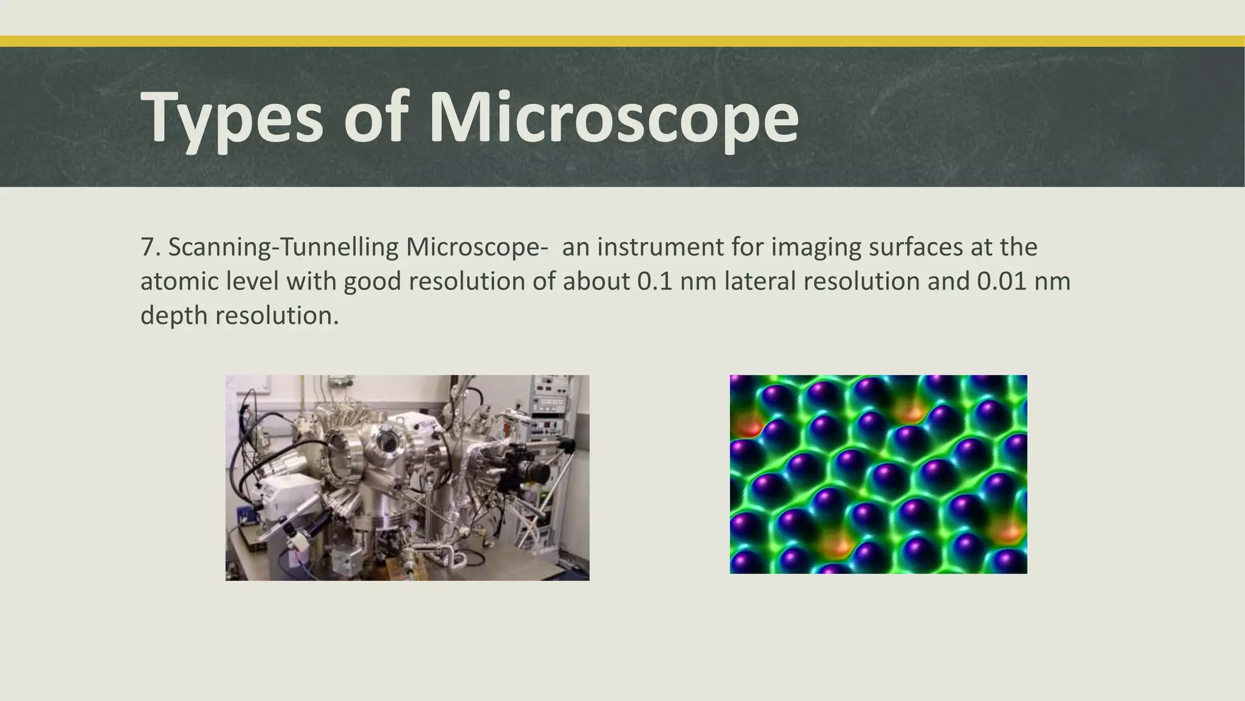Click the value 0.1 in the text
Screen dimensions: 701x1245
pos(654,281)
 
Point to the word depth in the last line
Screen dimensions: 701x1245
pos(174,315)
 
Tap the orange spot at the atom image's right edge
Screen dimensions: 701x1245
pos(1008,531)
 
